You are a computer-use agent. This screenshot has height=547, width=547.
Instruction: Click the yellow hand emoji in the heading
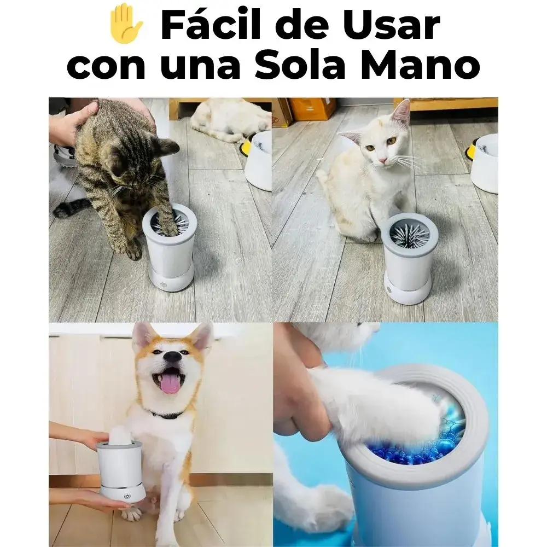pos(126,24)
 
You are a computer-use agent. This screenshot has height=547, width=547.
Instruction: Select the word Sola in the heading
pos(300,65)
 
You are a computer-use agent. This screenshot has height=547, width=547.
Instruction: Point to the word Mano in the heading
pos(421,65)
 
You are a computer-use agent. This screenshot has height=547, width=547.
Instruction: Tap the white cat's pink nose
pos(383,160)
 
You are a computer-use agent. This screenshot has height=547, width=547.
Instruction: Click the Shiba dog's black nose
pos(173,357)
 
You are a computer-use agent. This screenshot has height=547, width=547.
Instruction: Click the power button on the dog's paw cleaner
pos(127,496)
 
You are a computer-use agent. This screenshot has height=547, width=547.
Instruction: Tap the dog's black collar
pos(167,415)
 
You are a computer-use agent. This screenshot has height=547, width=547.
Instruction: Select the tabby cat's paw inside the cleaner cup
pos(168,223)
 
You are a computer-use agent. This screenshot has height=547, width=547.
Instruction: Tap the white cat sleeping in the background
pos(231,119)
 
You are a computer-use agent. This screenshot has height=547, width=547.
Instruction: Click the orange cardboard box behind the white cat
pos(312,108)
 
